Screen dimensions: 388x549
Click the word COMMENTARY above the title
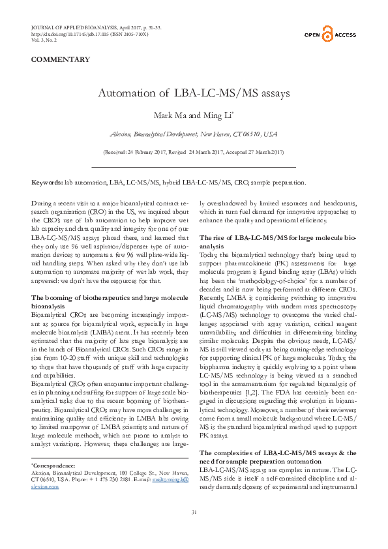click(x=61, y=59)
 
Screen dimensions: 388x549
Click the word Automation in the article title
click(x=134, y=94)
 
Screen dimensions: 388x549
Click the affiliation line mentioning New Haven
click(x=194, y=134)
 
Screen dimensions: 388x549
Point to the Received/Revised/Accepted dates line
click(x=194, y=152)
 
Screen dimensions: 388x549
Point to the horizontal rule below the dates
click(x=194, y=168)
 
